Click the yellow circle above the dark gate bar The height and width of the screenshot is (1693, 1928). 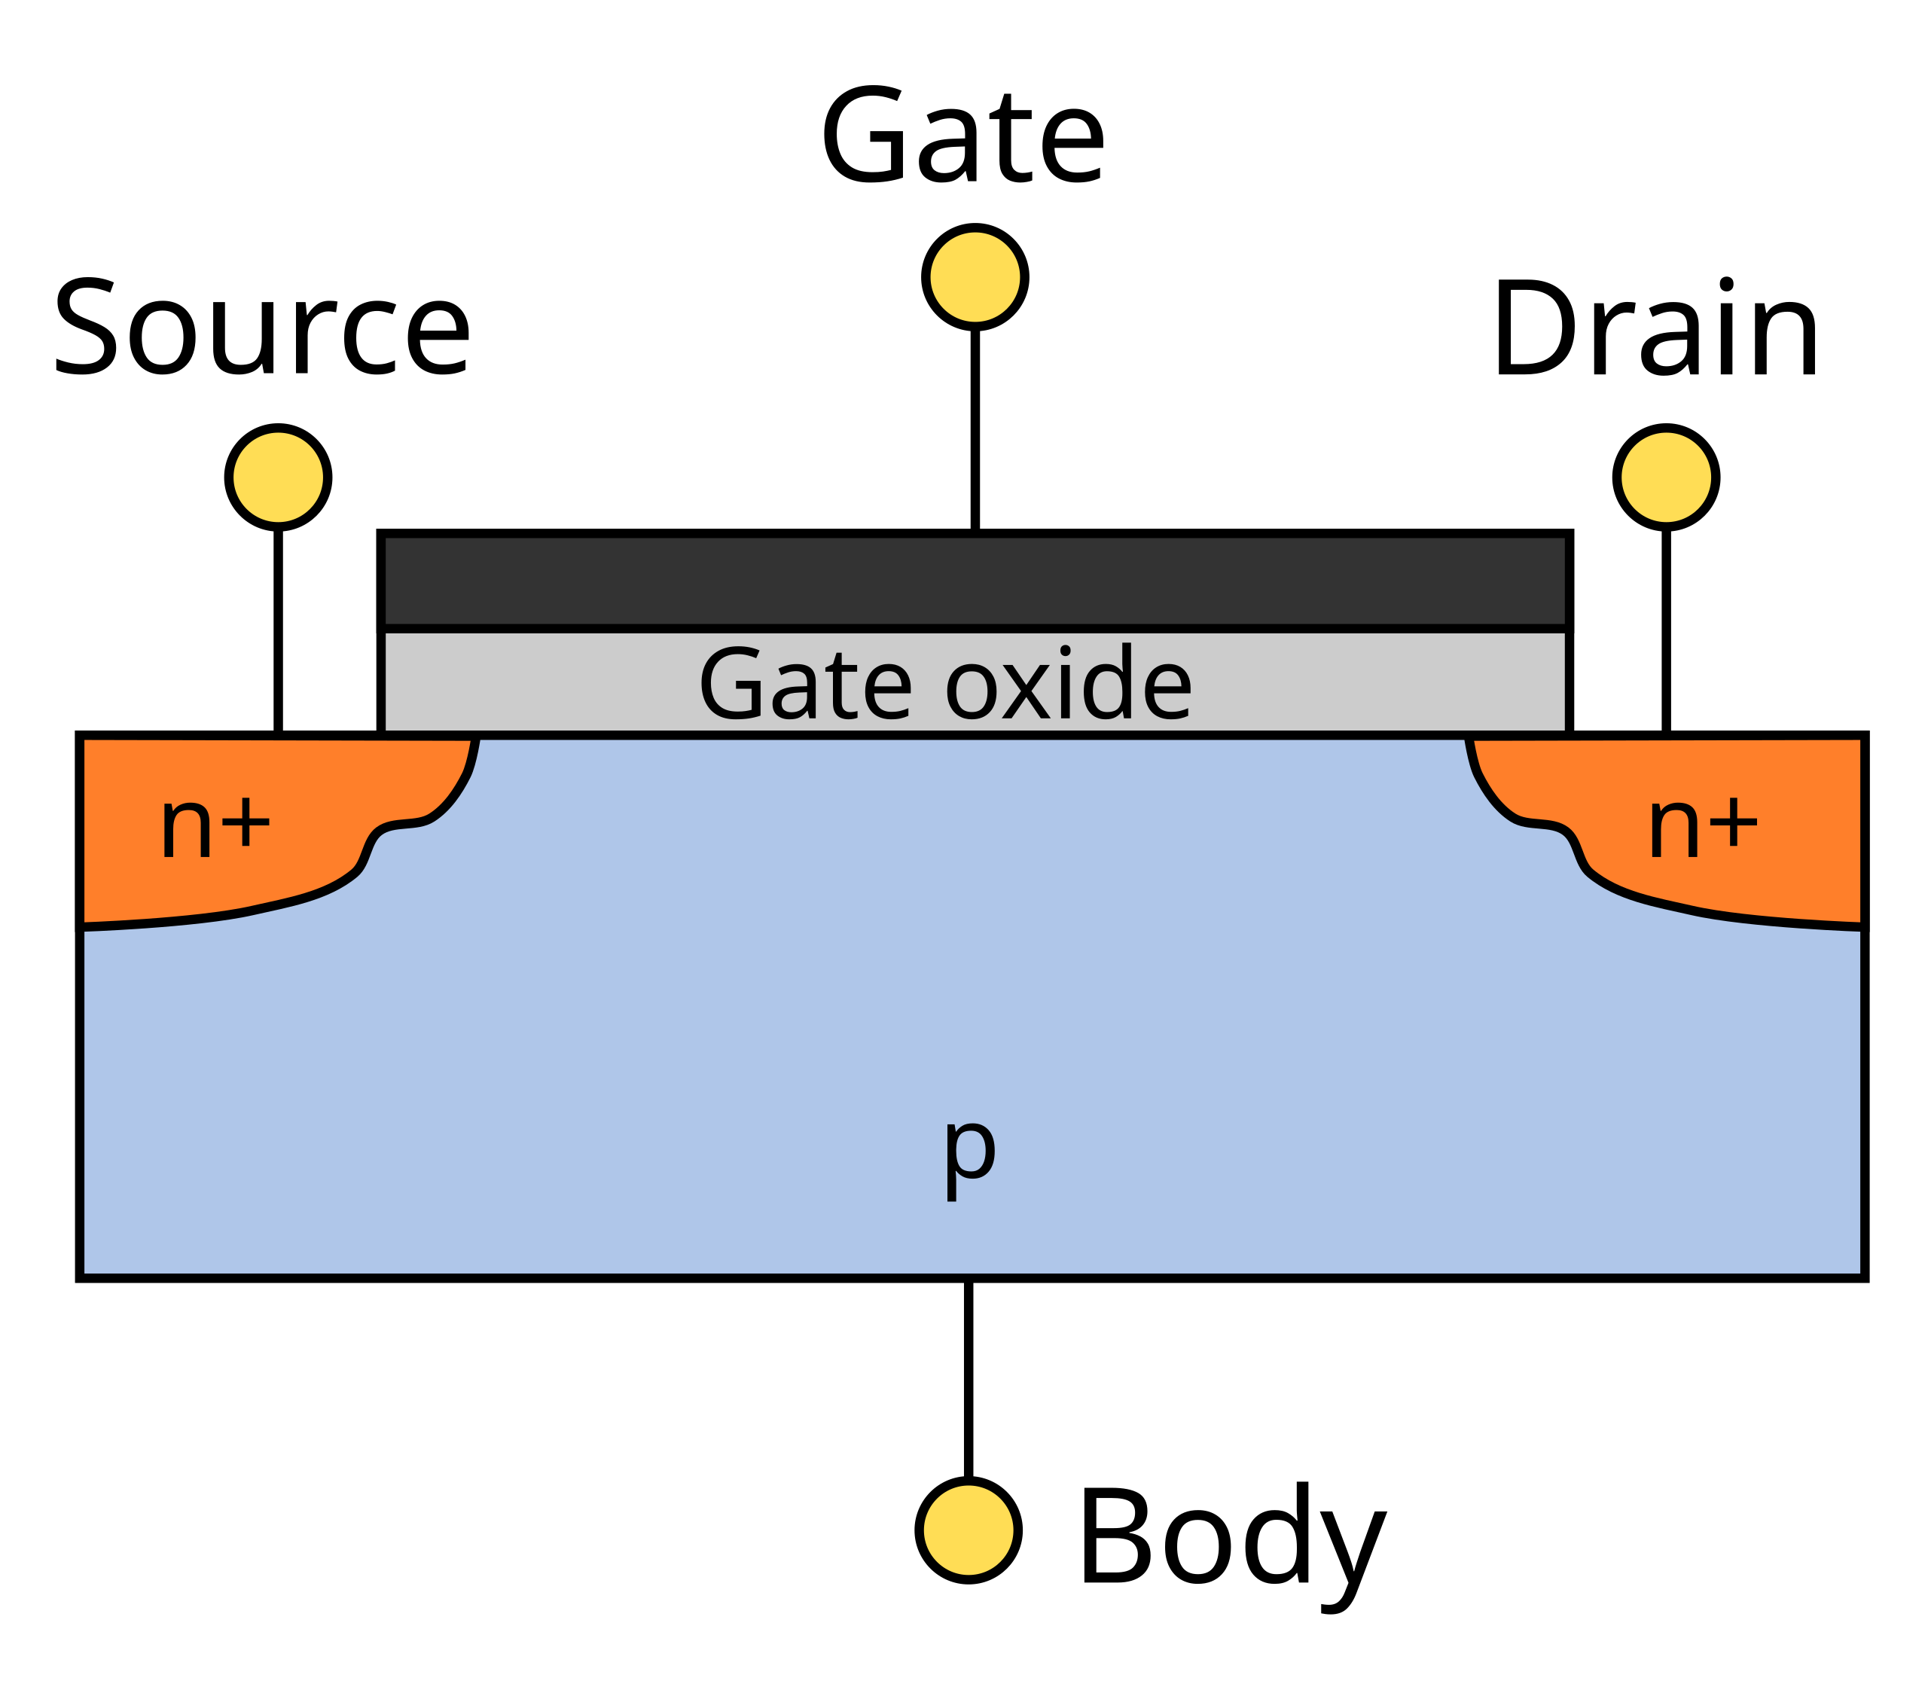coord(975,277)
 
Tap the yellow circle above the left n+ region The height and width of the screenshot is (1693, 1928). coord(278,477)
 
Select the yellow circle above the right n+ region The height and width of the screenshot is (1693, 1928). coord(1666,477)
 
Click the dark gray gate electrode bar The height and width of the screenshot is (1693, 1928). coord(975,580)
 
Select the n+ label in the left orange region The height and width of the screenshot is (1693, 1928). coord(216,826)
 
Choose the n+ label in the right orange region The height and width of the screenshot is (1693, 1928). coord(1703,826)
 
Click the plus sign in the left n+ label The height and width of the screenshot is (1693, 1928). coord(246,822)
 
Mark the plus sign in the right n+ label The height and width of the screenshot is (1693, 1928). coord(1734,822)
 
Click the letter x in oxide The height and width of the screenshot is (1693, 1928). coord(1027,692)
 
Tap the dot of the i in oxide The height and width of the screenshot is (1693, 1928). coord(1065,650)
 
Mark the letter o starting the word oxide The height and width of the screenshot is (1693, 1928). coord(971,692)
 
